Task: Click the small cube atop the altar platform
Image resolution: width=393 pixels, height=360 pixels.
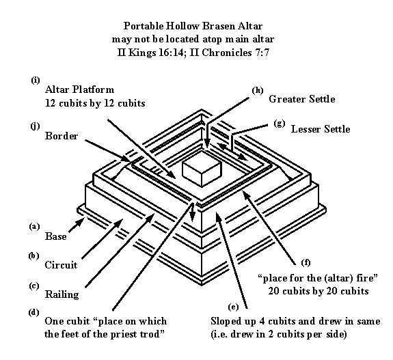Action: [x=202, y=169]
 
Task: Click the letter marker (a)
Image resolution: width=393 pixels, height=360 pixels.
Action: [x=34, y=226]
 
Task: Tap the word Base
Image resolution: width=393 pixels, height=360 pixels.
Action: [x=55, y=236]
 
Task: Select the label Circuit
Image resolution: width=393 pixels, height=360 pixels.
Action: [x=61, y=265]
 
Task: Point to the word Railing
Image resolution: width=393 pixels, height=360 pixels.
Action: [x=62, y=294]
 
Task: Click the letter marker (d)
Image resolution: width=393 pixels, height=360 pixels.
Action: [x=34, y=312]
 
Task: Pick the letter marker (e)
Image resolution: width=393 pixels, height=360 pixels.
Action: [x=233, y=307]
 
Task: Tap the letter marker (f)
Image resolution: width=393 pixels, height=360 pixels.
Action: [x=306, y=262]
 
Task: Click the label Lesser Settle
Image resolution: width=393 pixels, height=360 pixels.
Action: [x=321, y=129]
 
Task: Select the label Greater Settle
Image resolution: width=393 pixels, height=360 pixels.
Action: [x=302, y=99]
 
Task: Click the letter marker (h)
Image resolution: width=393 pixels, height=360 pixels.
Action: [x=258, y=90]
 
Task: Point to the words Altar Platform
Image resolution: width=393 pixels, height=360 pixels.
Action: [x=79, y=89]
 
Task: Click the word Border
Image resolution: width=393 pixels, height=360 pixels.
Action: [x=62, y=136]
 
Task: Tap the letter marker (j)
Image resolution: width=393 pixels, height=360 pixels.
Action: [x=35, y=126]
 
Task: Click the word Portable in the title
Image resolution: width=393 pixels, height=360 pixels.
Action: [x=144, y=26]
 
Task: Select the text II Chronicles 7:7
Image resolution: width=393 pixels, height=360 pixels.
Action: [x=230, y=53]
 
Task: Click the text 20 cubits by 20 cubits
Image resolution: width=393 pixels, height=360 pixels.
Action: [x=319, y=291]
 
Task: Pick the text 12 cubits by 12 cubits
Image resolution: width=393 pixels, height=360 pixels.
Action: [x=95, y=103]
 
